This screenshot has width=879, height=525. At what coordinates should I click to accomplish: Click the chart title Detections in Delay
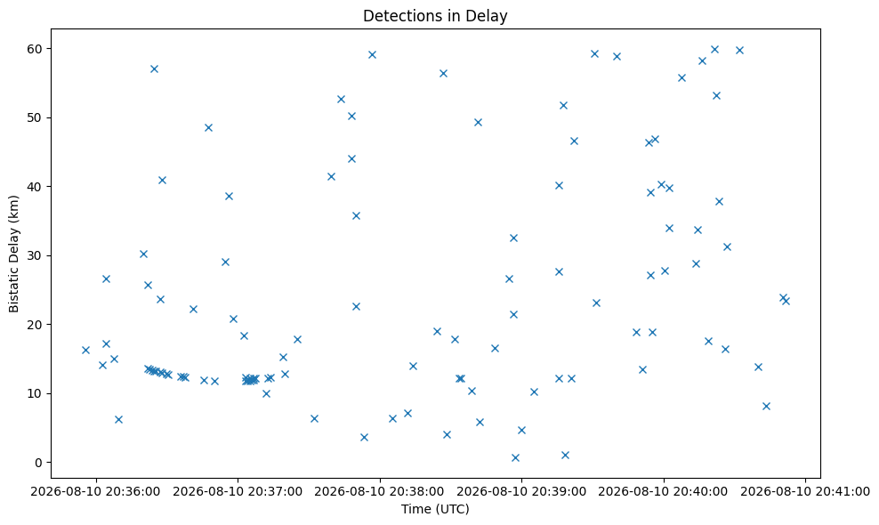[x=435, y=16]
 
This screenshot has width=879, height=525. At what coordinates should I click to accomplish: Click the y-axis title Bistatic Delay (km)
[x=14, y=254]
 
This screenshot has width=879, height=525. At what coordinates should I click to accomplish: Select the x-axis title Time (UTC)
[x=435, y=509]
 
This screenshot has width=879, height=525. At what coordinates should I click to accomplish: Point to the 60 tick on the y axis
[x=36, y=49]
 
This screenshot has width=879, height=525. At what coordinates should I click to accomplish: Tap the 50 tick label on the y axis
[x=36, y=117]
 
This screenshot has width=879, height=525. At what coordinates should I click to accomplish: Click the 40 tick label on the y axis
[x=36, y=187]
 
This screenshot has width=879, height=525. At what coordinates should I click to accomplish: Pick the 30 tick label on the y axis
[x=36, y=255]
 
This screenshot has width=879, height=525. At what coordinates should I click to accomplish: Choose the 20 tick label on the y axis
[x=36, y=325]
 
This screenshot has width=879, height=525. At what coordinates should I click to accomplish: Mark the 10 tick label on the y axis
[x=36, y=393]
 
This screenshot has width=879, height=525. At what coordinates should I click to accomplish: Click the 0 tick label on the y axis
[x=40, y=463]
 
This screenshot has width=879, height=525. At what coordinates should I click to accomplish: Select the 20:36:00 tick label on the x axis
[x=96, y=492]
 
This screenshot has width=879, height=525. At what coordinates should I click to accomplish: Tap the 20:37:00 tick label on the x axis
[x=238, y=492]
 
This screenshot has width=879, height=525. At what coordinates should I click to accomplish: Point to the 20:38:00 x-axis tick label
[x=380, y=492]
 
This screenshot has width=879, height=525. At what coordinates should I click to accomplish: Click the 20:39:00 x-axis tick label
[x=522, y=492]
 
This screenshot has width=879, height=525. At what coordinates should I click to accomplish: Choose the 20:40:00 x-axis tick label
[x=664, y=492]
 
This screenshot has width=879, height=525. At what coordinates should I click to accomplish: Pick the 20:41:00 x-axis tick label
[x=805, y=492]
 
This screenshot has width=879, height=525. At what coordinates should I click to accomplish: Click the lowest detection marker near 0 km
[x=515, y=457]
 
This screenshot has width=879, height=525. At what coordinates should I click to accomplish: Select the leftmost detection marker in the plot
[x=85, y=350]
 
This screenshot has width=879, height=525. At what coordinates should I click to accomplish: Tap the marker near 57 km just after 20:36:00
[x=154, y=69]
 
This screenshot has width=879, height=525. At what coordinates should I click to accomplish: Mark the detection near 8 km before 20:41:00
[x=766, y=406]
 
